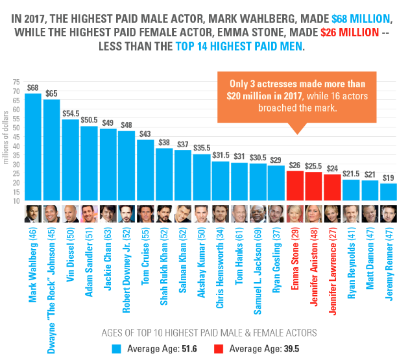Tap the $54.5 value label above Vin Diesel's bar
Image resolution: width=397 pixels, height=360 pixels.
point(71,113)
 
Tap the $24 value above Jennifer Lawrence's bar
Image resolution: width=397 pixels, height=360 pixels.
point(331,168)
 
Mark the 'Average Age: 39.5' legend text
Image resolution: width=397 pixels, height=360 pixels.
point(257,348)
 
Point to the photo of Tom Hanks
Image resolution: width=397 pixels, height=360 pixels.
point(239,213)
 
